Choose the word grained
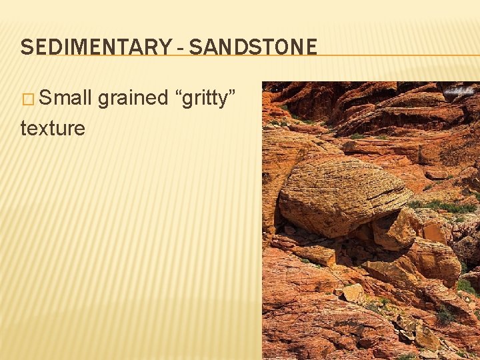(x=133, y=99)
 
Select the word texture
(x=53, y=127)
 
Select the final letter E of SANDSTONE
(x=311, y=47)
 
